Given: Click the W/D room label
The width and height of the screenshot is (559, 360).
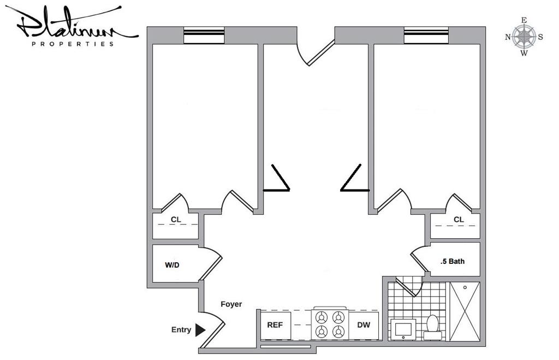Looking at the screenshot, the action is (172, 265).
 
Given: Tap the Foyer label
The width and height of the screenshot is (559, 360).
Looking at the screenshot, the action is (231, 304).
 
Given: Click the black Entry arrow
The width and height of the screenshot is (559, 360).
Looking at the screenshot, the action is (200, 330).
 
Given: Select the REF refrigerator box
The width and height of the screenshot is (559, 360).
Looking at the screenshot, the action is (275, 325).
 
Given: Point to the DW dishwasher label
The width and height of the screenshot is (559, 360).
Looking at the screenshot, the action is (364, 325).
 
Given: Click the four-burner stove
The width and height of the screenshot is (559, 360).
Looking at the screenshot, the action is (330, 324).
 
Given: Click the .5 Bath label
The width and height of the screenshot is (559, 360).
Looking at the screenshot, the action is (453, 261).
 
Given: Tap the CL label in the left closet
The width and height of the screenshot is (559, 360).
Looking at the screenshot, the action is (176, 220).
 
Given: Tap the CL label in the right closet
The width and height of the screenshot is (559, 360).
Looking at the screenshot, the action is (459, 220).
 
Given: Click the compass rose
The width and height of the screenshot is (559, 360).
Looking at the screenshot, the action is (524, 37).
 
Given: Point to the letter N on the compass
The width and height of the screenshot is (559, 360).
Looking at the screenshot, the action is (508, 37).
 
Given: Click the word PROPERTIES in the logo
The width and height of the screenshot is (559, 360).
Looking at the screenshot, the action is (73, 44).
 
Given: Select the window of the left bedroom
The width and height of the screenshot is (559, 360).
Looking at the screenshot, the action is (204, 35).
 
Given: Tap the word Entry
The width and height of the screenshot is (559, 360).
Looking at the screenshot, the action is (181, 330).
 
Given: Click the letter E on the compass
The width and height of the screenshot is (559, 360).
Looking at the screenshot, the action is (524, 21).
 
